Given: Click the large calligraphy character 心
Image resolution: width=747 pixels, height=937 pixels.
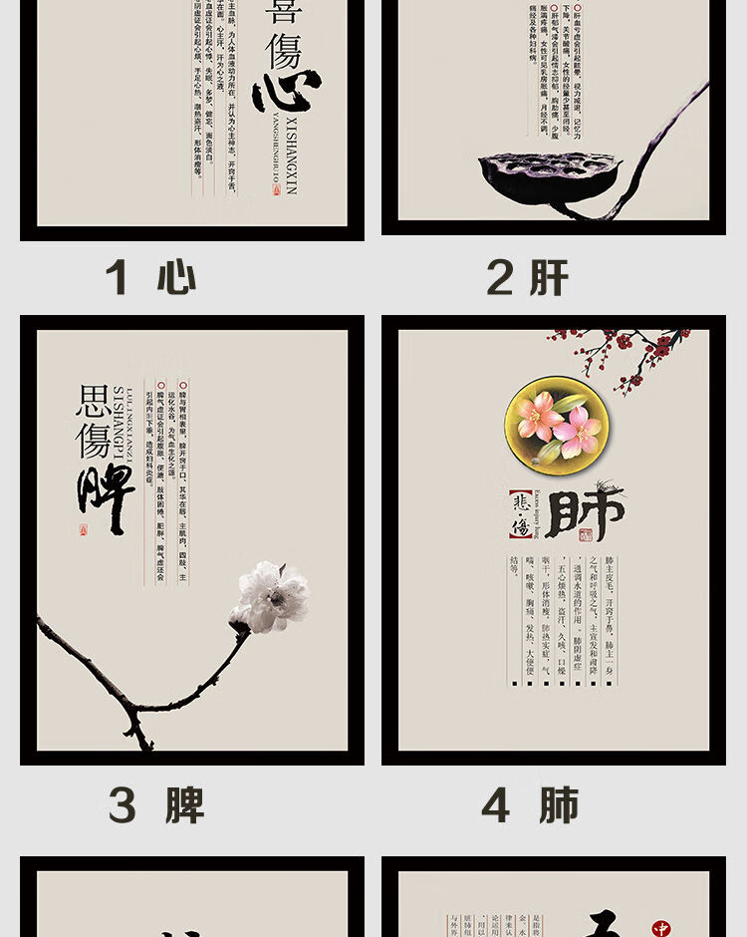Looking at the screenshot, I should coord(287,91).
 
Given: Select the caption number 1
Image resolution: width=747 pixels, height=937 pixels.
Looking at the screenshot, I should coord(118,277).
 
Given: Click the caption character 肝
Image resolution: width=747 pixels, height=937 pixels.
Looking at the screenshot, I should coord(549,277).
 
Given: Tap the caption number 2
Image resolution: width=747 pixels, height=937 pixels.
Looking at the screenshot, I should coord(499,277).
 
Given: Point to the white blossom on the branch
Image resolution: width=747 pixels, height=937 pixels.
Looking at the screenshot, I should coord(269,597).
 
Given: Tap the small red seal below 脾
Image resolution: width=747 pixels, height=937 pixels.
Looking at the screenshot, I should coord(84,530).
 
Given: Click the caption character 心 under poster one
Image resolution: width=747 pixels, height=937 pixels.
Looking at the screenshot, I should coord(176,277).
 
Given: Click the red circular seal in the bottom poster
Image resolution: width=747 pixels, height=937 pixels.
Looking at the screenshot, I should coord(660,928).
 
